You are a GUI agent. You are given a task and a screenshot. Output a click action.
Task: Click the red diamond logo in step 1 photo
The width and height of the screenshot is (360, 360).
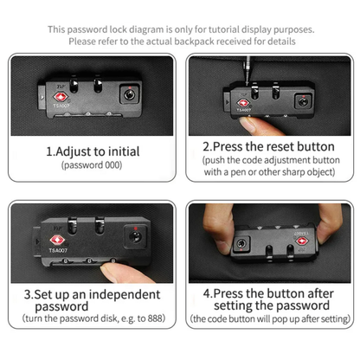coord(60,97)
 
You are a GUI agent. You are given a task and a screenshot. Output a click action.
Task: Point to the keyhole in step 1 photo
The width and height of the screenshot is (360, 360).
coord(130,94)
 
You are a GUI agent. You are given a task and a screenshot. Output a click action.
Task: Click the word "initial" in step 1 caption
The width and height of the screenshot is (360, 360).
coord(124,151)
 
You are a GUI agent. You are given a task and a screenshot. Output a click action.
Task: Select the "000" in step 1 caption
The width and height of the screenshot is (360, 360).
coord(112,165)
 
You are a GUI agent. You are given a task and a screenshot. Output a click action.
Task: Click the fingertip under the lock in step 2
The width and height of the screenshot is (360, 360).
coord(247,124)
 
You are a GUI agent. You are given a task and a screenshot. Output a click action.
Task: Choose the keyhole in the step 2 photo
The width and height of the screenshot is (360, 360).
coord(303,101)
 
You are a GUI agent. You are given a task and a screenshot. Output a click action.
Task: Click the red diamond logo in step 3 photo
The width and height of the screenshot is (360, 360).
coord(57,240)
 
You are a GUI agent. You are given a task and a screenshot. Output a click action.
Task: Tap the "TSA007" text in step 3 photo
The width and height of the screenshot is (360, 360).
coord(58,250)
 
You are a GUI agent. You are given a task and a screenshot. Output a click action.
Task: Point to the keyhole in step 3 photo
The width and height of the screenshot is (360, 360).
coord(135,237)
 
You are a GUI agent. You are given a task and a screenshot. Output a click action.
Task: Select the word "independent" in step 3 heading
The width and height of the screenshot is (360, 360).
coord(125,294)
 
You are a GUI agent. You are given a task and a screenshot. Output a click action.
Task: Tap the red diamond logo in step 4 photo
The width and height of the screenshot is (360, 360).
coord(302,241)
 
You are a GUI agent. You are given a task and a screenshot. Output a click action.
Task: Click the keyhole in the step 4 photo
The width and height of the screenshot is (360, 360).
coord(241,244)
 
